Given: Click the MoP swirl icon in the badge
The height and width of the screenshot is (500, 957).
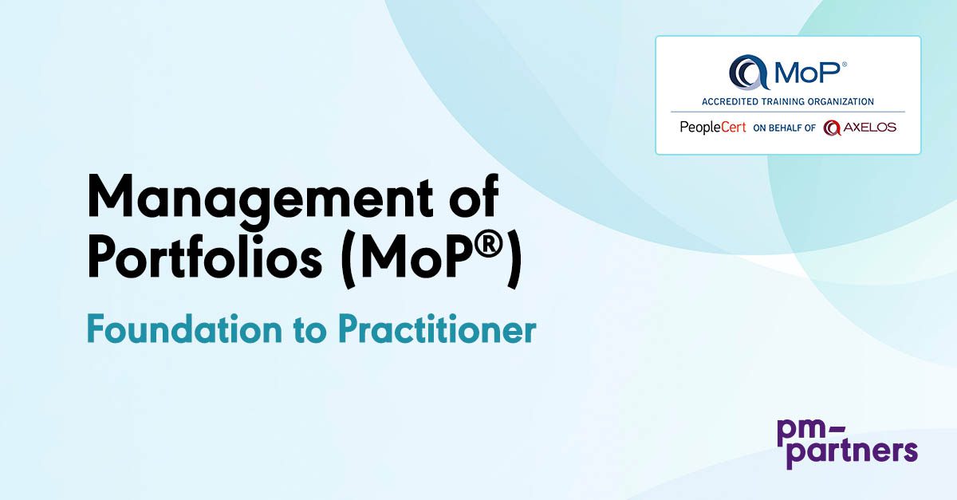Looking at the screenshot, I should coord(746,73).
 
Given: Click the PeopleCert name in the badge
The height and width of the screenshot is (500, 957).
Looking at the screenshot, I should coord(712,128).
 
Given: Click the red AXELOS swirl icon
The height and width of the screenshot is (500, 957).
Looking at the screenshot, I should coord(833,128).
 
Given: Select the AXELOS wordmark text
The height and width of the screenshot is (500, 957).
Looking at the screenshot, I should coord(870,128).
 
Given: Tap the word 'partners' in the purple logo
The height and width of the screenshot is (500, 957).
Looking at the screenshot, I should coord(847,453).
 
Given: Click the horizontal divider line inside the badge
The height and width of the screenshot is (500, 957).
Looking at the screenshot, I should coord(787,112).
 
